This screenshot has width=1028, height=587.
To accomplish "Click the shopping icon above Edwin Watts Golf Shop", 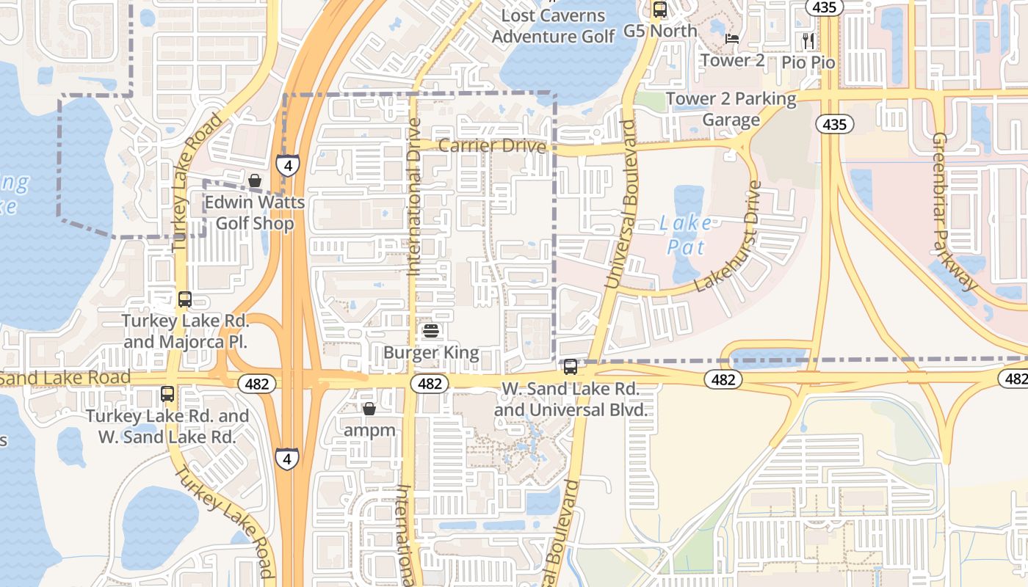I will (x=255, y=181).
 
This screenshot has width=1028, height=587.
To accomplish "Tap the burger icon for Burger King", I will (x=431, y=332).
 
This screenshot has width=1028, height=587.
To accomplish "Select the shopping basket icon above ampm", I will (x=369, y=409).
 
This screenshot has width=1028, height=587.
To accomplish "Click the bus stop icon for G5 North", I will (x=659, y=10).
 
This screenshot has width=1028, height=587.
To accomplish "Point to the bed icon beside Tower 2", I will (x=732, y=39).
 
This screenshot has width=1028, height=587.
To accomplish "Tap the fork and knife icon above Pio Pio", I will (x=808, y=40).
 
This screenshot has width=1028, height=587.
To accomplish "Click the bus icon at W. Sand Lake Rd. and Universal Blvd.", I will (x=571, y=367).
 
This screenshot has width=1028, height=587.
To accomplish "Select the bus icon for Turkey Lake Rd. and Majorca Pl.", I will (x=185, y=299).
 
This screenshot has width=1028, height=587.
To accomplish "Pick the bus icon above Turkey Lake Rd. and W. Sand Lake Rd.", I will (x=167, y=394).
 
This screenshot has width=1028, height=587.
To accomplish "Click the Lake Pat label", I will (x=684, y=234).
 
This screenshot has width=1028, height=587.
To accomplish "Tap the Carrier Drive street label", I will (x=492, y=146).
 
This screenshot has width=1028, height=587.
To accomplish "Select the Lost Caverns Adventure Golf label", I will (x=554, y=26).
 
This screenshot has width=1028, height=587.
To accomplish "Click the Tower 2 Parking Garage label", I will (x=731, y=109).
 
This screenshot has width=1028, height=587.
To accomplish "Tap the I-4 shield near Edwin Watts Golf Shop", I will (x=288, y=165).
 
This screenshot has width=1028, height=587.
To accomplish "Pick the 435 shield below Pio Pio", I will (x=835, y=124).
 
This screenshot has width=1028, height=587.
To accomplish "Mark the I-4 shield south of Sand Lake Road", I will (x=287, y=459).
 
